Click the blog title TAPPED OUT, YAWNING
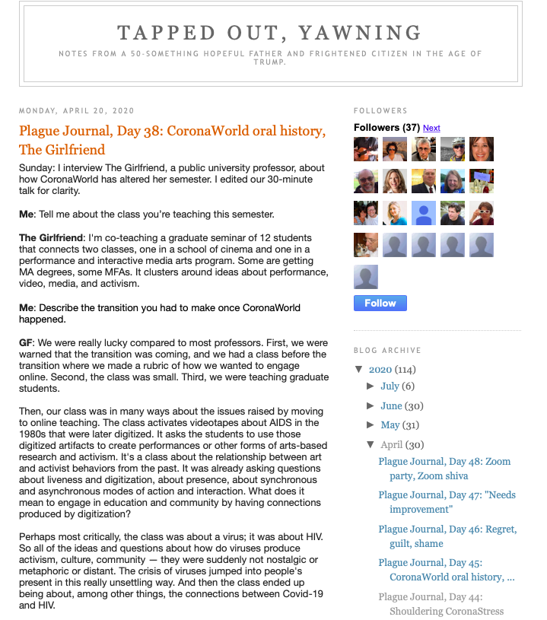point(270,33)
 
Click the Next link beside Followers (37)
point(431,128)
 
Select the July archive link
point(390,386)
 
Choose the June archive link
point(391,406)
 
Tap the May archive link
point(390,425)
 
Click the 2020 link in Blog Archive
point(380,370)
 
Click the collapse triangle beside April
point(370,445)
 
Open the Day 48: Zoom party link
point(444,469)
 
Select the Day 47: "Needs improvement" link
point(447,502)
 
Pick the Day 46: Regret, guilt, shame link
point(447,536)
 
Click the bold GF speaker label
point(27,343)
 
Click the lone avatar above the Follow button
point(366,278)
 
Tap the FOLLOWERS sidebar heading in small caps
point(380,111)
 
